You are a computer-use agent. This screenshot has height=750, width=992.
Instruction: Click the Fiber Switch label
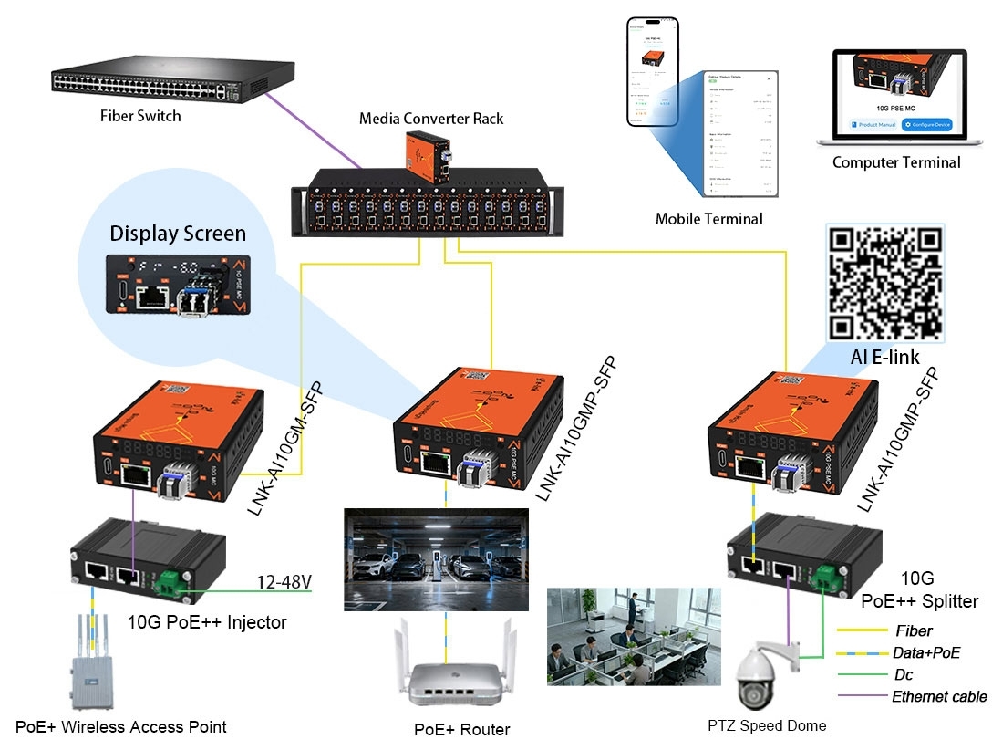(x=140, y=116)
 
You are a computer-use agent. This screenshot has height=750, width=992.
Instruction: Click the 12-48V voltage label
(x=284, y=581)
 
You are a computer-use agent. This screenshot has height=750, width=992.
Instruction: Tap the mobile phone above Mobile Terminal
(x=652, y=71)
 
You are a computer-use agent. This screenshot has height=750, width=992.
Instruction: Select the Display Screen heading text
(x=178, y=233)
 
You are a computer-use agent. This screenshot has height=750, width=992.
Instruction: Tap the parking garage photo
(x=435, y=559)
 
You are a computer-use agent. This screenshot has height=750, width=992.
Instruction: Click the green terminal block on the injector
(x=170, y=581)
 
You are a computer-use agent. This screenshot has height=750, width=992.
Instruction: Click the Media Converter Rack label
(x=430, y=119)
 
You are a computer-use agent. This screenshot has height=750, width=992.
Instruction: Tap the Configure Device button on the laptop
(x=925, y=124)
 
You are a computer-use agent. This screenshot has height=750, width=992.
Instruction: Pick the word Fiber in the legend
(x=914, y=630)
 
